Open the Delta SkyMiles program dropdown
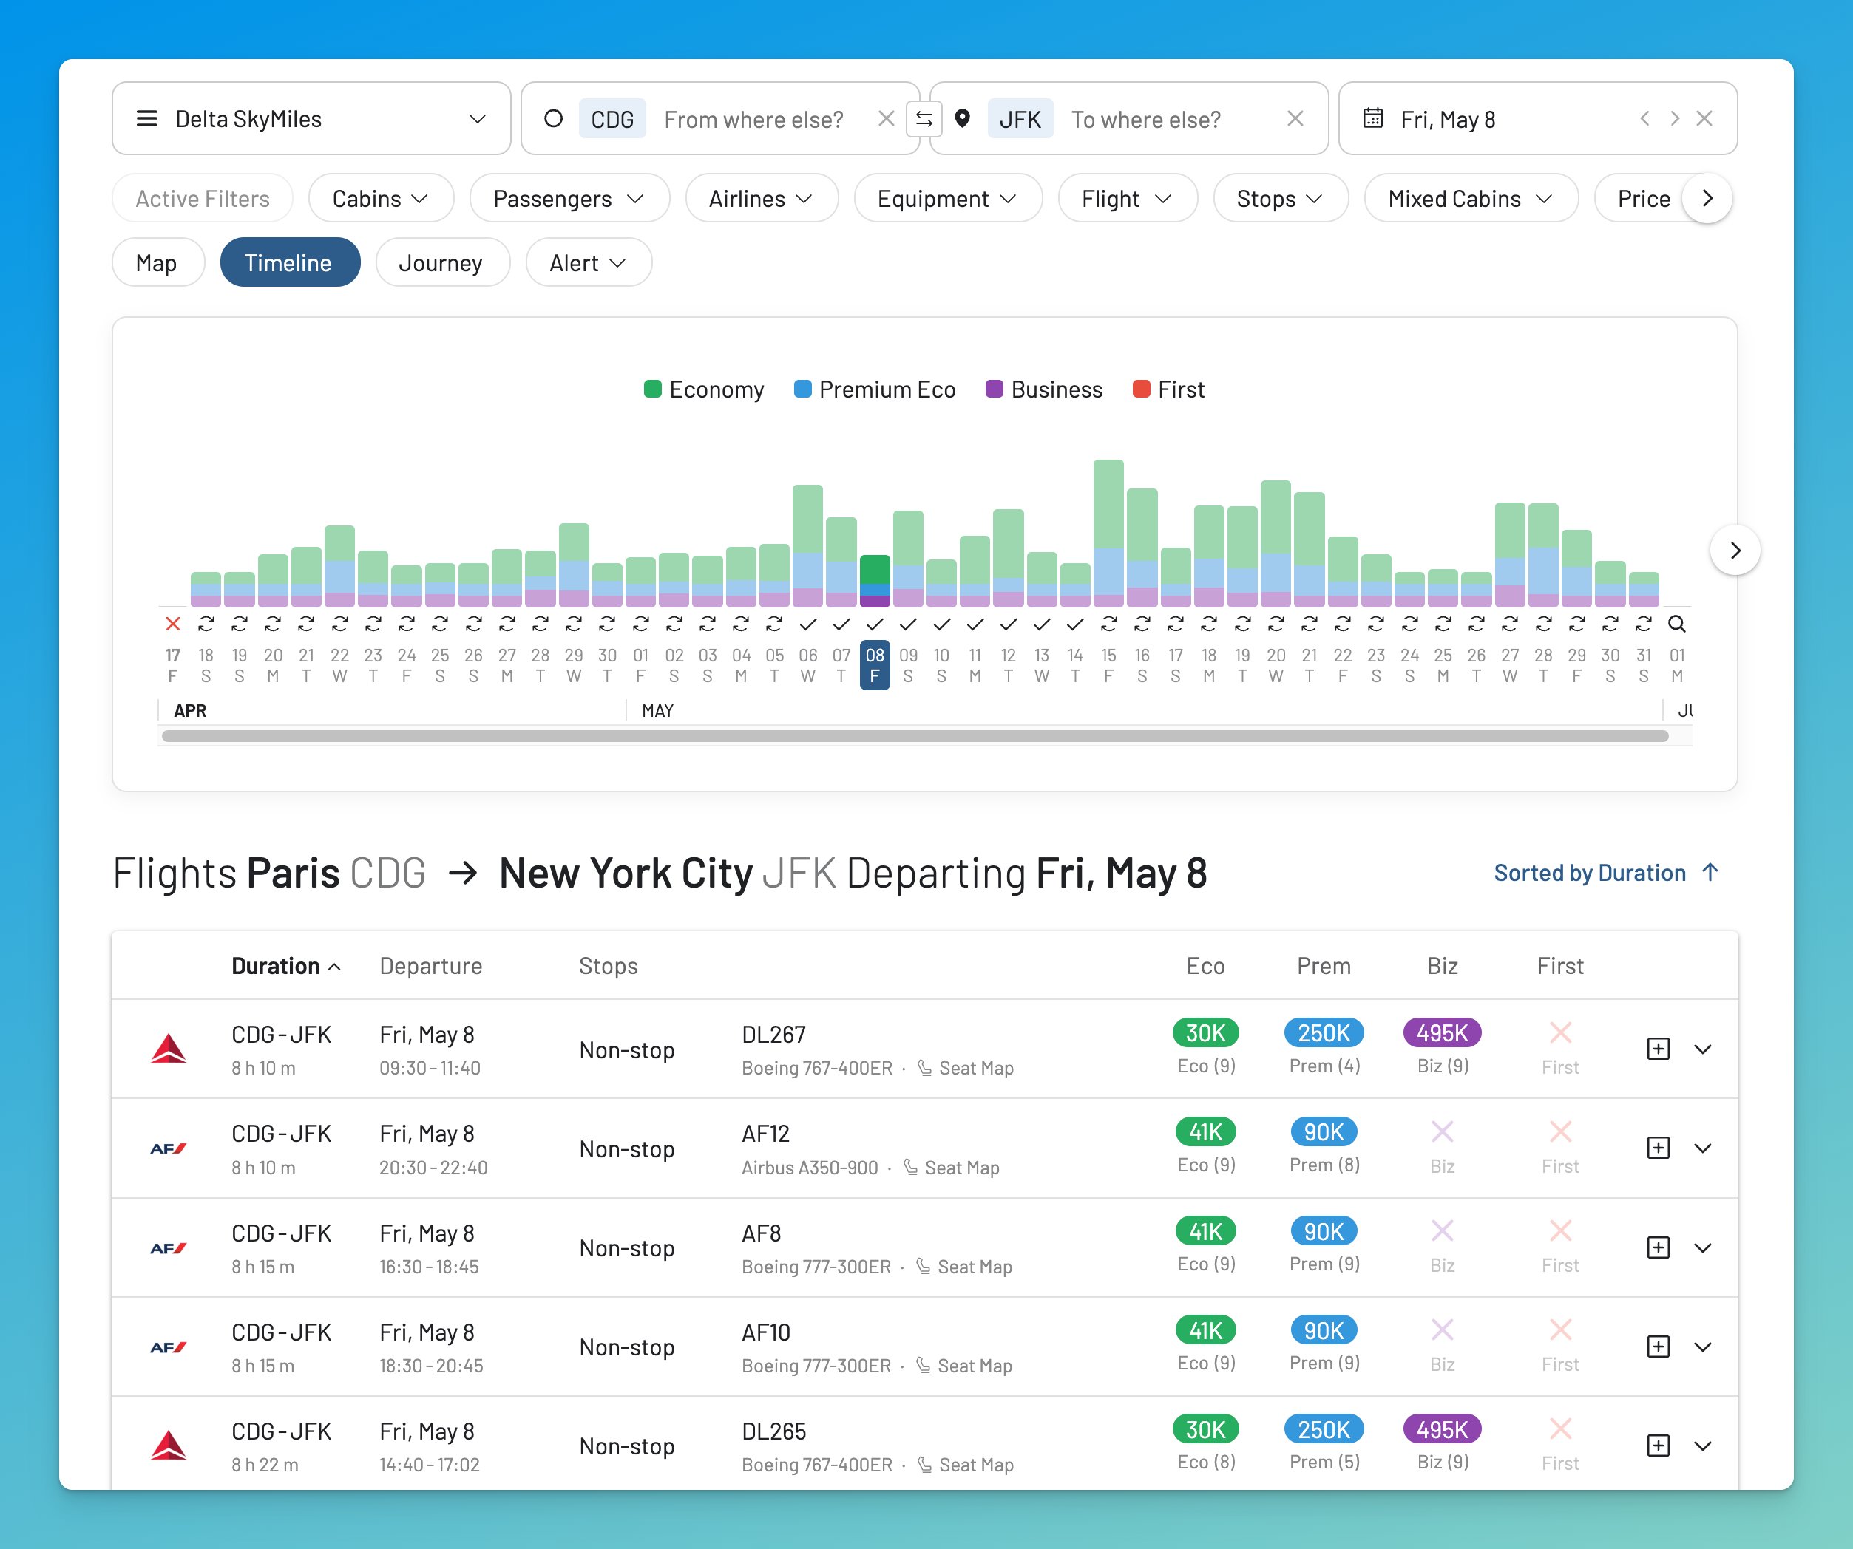point(311,118)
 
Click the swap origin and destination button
point(924,118)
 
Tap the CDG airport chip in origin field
point(612,119)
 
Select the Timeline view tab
point(289,263)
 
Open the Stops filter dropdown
point(1279,199)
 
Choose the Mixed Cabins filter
point(1469,199)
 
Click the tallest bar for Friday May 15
point(1108,529)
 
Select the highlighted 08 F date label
point(875,665)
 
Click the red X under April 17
point(173,624)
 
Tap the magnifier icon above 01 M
point(1676,624)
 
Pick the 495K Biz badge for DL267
point(1442,1032)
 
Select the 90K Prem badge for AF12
point(1324,1131)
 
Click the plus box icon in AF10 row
point(1658,1346)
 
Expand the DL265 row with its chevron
point(1703,1446)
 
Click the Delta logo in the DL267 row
point(169,1049)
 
